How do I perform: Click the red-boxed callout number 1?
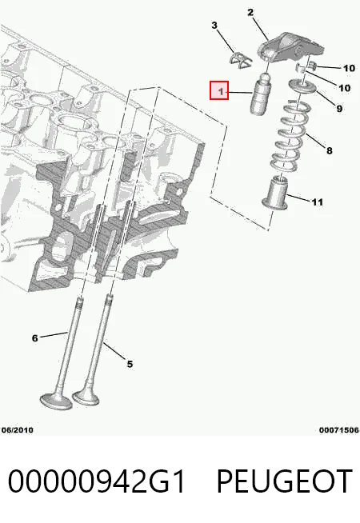219,90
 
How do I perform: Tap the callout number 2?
250,13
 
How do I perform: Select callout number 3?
214,26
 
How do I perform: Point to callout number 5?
130,364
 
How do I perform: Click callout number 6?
34,338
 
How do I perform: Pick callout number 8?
330,151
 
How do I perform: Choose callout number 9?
339,109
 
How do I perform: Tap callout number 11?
318,202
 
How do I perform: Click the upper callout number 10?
349,68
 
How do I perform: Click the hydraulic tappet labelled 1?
260,94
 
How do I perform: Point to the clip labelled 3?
241,61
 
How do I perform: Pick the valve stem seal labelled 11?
275,193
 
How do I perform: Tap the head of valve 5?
86,397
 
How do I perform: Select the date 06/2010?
18,430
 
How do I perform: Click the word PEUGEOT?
285,481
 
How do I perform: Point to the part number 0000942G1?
96,481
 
